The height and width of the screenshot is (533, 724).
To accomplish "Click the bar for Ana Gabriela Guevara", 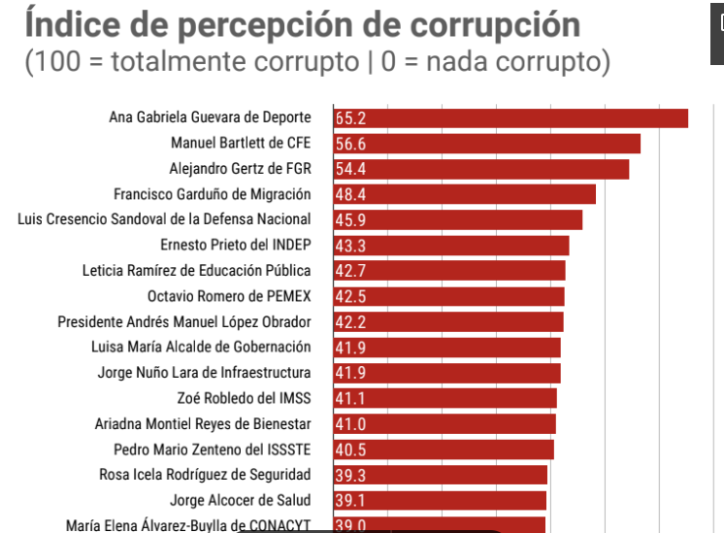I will [x=510, y=118].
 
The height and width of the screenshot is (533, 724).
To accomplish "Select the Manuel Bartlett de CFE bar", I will [x=486, y=144].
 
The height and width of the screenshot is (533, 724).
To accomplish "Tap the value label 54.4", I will [x=350, y=169].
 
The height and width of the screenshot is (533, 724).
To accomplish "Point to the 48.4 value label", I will [x=350, y=194].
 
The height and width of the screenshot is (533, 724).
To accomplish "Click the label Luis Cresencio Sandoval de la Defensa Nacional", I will [x=164, y=219].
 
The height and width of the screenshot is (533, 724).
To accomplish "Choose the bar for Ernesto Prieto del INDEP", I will [x=450, y=245].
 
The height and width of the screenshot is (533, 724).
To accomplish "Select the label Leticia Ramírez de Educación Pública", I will [x=196, y=270].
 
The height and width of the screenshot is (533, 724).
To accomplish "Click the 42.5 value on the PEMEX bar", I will [x=350, y=296].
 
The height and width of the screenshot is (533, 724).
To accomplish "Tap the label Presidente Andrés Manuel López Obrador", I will [x=183, y=321].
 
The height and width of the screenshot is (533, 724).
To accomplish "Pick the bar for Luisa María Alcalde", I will [x=446, y=347].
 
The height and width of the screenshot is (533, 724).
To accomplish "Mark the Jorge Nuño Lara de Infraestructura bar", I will [x=446, y=373].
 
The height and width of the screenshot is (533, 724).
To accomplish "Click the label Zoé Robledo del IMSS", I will [x=244, y=398].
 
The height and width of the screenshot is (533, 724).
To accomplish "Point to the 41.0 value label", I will [x=350, y=423].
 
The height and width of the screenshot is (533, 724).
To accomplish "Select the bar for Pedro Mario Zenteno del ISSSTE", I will [x=444, y=450].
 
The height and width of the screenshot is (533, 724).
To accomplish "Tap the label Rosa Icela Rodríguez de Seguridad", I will [x=205, y=475].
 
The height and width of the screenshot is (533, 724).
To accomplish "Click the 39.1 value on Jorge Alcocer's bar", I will [x=350, y=500].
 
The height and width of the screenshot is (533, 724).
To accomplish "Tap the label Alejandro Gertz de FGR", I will [x=240, y=169].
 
